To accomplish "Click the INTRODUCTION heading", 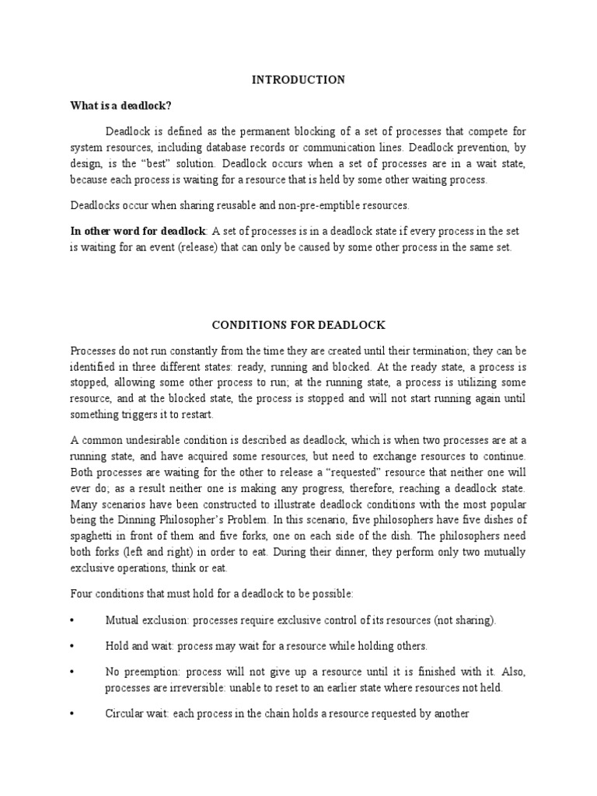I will tap(298, 79).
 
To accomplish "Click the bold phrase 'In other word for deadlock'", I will tap(138, 231).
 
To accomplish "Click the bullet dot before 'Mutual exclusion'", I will tap(72, 620).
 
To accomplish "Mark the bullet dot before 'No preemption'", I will tap(72, 672).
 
